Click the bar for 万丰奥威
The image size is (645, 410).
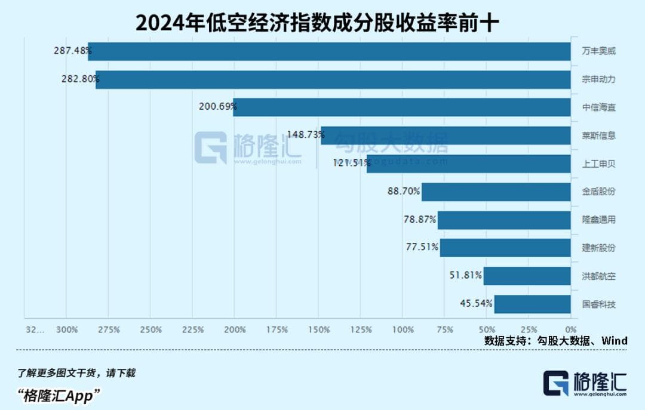click(x=329, y=51)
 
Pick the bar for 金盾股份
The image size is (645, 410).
click(x=496, y=192)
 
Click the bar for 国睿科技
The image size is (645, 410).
click(x=532, y=304)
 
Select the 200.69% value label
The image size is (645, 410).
click(x=218, y=107)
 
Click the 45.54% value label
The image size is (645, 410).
click(x=477, y=304)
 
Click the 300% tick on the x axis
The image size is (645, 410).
click(x=67, y=329)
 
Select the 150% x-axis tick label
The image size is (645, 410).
click(x=320, y=329)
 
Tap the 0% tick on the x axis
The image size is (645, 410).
click(x=571, y=329)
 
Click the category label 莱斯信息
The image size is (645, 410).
click(x=598, y=135)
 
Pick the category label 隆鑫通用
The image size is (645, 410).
click(x=598, y=220)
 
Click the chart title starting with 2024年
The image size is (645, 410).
click(x=317, y=22)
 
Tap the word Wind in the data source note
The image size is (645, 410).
click(x=615, y=341)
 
